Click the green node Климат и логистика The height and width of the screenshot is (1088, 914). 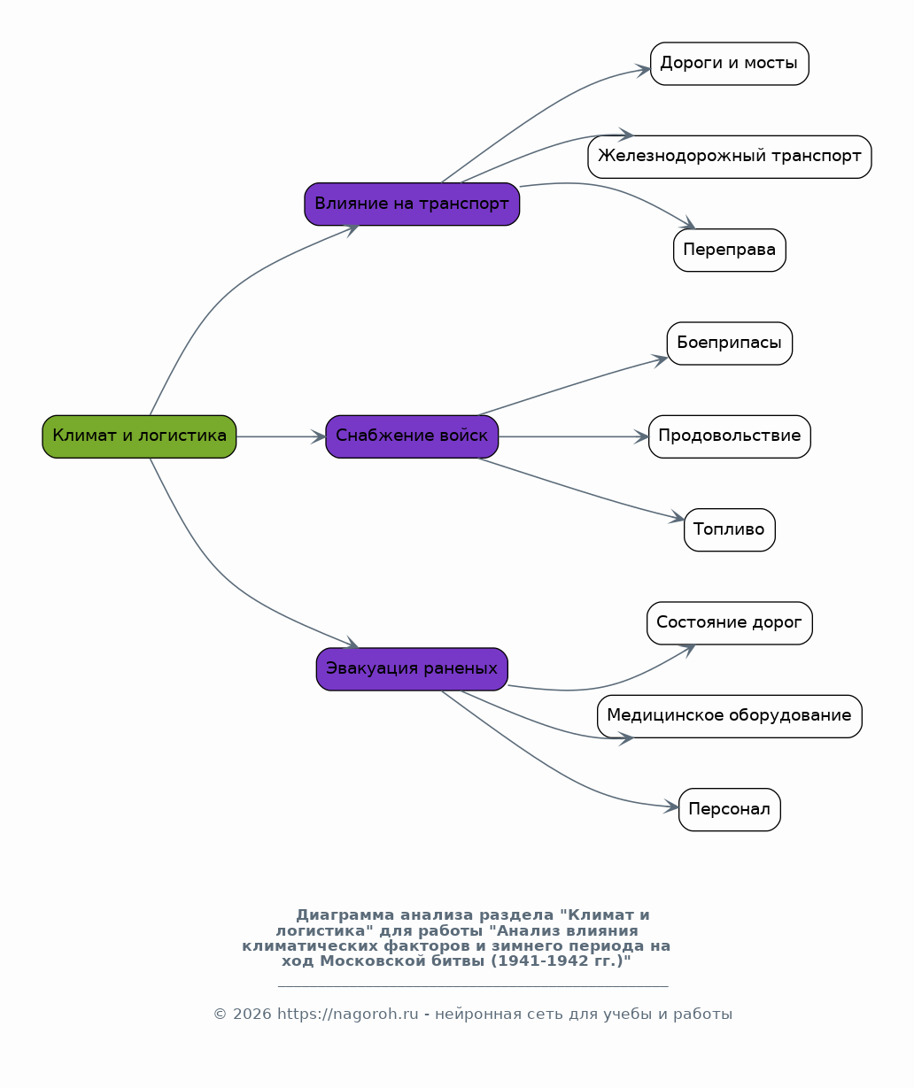[139, 436]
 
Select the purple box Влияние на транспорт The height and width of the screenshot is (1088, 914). [412, 204]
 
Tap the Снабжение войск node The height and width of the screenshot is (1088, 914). [412, 436]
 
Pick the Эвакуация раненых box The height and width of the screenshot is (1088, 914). [412, 669]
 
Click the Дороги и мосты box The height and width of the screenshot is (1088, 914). [730, 64]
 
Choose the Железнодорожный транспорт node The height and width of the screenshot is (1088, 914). [730, 157]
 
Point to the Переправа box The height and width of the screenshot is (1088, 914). [730, 251]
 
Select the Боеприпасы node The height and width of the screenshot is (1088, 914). [730, 343]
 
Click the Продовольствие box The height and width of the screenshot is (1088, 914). [730, 436]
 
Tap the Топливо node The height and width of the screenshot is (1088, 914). [730, 530]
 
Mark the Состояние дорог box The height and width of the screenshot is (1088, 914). [730, 623]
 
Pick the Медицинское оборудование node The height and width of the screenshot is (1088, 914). [730, 716]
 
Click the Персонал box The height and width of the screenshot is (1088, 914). [730, 810]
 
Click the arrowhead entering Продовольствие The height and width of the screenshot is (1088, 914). [642, 436]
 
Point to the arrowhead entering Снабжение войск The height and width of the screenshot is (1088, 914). [319, 436]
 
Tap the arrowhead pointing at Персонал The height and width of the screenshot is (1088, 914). [671, 806]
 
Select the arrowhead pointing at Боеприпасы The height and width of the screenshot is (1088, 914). [661, 359]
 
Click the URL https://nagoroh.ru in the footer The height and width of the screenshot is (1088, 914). [347, 1014]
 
